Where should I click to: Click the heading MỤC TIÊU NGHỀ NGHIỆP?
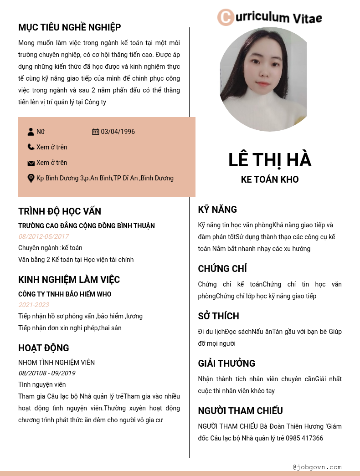tap(69, 27)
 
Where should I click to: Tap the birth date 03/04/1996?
tap(118, 132)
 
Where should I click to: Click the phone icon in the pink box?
tap(31, 147)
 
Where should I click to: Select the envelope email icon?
tap(31, 163)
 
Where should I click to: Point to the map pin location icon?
tap(31, 178)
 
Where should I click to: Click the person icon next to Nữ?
tap(31, 132)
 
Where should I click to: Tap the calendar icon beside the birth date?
tap(95, 132)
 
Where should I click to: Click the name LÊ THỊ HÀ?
tap(270, 160)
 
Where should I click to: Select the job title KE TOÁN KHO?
tap(270, 179)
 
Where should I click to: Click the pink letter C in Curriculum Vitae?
tap(225, 17)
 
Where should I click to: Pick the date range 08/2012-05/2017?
tap(44, 236)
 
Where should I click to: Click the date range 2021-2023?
tap(34, 305)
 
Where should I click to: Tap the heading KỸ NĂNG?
tap(217, 210)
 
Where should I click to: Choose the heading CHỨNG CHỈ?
tap(222, 269)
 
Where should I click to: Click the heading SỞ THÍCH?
tap(218, 316)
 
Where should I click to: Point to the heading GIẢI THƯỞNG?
tap(226, 363)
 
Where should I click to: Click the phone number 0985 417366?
tap(304, 438)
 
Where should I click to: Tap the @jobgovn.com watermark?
tap(317, 467)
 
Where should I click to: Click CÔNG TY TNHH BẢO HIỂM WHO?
tap(65, 294)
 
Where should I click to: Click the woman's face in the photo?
tap(263, 68)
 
